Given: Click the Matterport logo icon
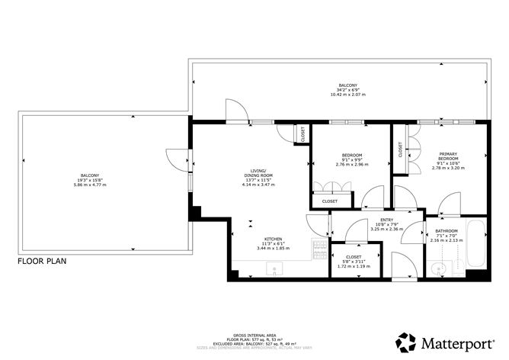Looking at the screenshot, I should click(406, 342).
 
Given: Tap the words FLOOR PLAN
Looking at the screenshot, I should click(42, 261).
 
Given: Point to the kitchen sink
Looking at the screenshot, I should click(277, 268).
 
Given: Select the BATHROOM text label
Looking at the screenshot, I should click(447, 231).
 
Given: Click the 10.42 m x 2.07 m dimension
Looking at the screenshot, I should click(347, 95).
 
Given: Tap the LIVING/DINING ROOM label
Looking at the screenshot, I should click(262, 172).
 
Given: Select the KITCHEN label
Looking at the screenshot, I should click(273, 238).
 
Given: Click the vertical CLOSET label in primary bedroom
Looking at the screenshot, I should click(401, 150).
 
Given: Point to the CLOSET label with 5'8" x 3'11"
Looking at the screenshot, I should click(353, 257).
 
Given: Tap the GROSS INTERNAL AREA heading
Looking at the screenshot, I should click(254, 335).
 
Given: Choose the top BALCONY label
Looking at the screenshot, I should click(347, 85).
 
